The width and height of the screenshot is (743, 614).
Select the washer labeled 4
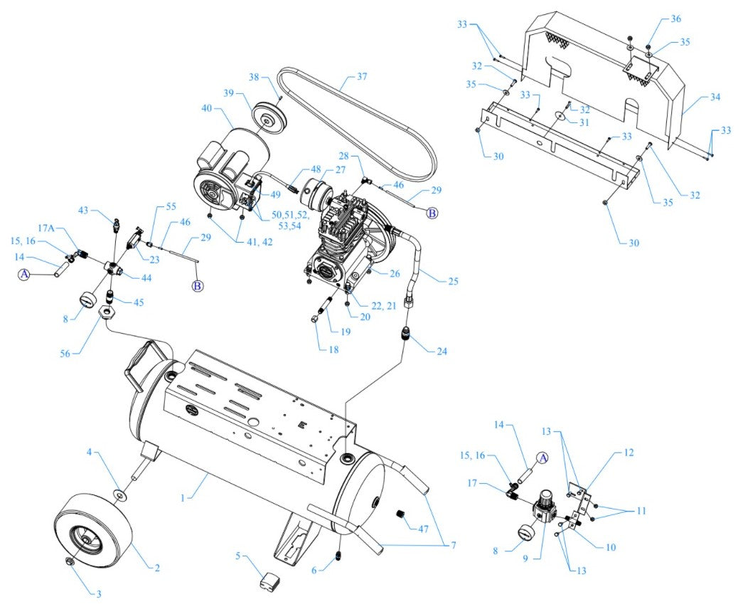pyautogui.click(x=120, y=494)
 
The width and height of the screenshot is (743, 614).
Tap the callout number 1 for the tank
pyautogui.click(x=183, y=498)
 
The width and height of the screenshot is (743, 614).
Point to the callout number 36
pyautogui.click(x=675, y=18)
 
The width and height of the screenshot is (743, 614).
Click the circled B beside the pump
pyautogui.click(x=432, y=212)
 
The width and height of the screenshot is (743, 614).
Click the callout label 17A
pyautogui.click(x=46, y=228)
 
